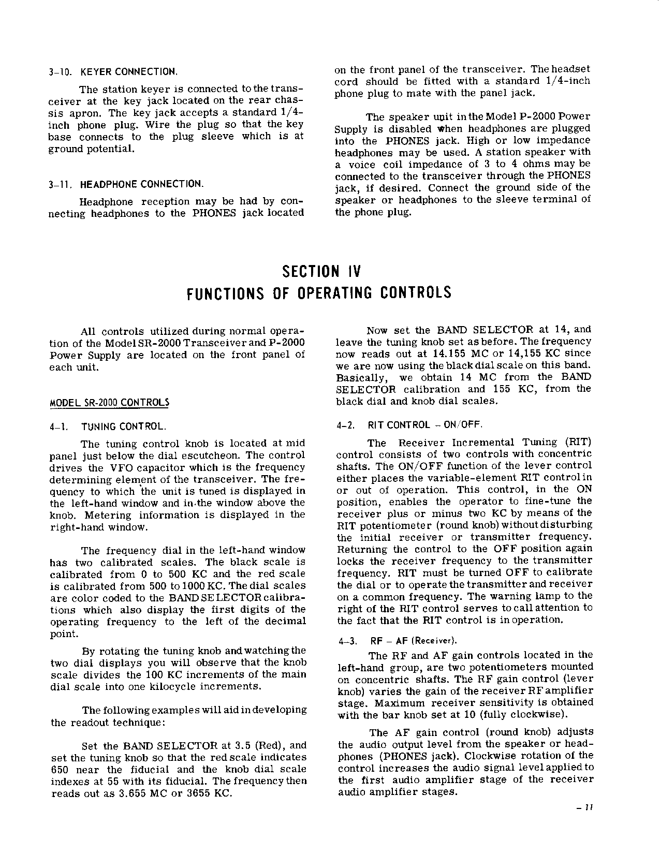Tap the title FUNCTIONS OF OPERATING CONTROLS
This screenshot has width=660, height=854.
(x=319, y=293)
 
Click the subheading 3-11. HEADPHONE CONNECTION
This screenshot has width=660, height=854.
(x=126, y=184)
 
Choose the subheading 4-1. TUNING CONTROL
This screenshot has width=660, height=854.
(x=108, y=427)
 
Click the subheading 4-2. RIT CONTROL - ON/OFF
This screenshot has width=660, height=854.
(x=409, y=425)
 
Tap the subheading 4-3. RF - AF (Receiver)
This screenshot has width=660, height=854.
(x=398, y=641)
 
